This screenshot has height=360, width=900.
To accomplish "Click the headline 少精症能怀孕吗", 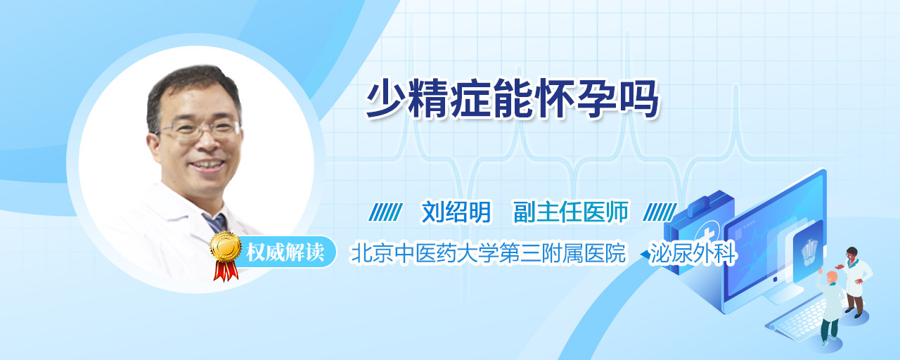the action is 513,98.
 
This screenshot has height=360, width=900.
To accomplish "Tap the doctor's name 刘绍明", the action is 456,212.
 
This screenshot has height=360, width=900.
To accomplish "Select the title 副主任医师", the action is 571,212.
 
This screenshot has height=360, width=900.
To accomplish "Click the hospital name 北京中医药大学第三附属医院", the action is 488,252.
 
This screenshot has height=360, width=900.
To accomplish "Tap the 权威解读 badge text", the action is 285,252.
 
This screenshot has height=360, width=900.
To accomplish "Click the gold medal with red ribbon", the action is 226,255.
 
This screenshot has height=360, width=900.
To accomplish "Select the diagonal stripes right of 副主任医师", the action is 660,212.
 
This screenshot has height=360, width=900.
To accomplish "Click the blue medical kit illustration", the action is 699,233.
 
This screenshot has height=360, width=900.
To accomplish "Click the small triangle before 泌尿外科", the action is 645,255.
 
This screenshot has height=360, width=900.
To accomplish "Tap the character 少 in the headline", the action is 386,98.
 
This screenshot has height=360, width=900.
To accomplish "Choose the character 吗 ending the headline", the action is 639,98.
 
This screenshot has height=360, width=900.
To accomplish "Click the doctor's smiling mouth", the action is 207,165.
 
